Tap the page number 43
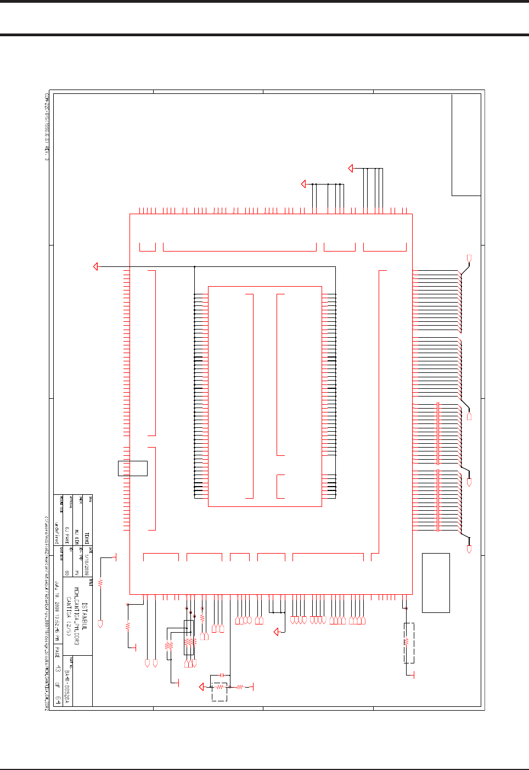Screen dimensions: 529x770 [58, 669]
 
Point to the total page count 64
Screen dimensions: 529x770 [58, 700]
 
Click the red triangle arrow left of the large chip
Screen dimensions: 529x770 [95, 267]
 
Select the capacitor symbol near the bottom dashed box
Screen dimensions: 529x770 [221, 674]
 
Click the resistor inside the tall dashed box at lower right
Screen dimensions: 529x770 [406, 641]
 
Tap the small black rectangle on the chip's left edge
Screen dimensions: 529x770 [133, 468]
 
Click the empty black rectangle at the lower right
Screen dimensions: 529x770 [436, 583]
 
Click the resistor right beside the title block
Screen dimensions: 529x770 [100, 583]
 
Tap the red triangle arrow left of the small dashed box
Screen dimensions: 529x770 [202, 687]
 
